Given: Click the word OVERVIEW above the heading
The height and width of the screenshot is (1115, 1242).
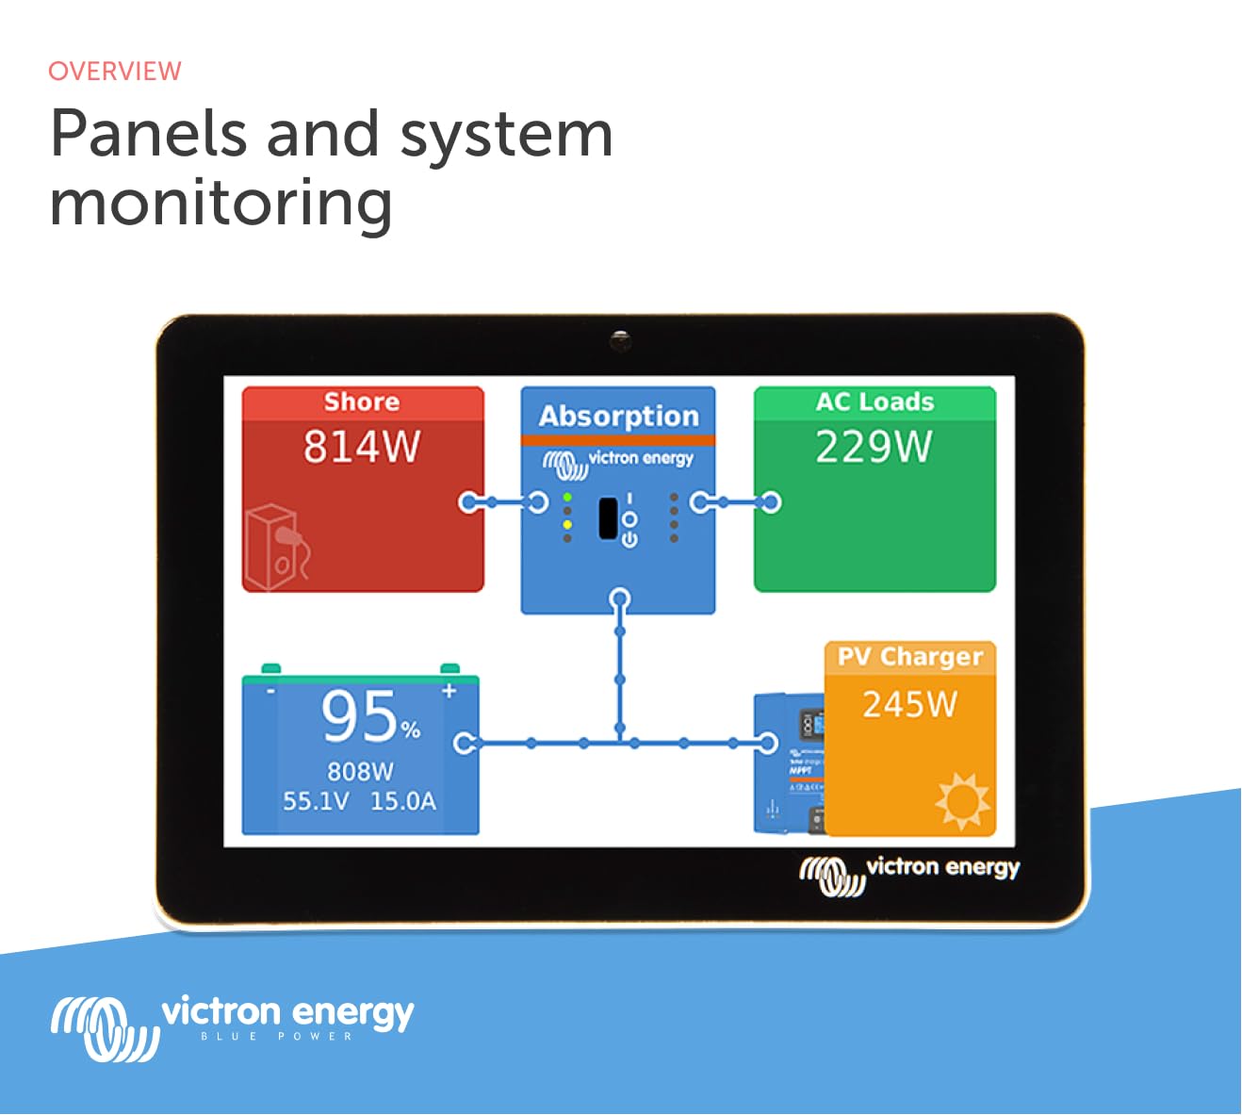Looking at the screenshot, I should (114, 72).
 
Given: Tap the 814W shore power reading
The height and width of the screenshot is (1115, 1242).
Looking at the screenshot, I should (362, 447).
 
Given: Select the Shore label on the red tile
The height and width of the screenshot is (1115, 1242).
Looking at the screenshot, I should (362, 402).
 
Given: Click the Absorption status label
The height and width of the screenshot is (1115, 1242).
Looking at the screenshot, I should (619, 416).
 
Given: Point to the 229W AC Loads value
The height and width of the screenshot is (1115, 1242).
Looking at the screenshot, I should (874, 447).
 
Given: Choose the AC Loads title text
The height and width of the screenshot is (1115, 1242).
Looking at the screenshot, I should (874, 402).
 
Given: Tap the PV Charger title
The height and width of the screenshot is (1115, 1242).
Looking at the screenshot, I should (910, 657).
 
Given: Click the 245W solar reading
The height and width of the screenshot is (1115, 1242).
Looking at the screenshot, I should (910, 704).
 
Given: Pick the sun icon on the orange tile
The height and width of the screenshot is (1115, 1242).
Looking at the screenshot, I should (962, 800).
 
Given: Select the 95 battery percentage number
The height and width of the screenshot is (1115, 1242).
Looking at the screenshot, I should (360, 716).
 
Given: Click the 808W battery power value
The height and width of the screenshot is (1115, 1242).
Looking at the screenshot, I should (360, 772).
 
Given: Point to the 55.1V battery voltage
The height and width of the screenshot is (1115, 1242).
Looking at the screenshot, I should (316, 802).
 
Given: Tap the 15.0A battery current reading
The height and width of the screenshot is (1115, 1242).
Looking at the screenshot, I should (403, 802).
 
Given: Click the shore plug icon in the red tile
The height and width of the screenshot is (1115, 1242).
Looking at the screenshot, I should (275, 548).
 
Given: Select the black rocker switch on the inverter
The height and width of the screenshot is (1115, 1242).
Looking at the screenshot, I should (609, 518).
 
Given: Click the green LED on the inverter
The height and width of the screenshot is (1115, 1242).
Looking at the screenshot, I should (567, 497).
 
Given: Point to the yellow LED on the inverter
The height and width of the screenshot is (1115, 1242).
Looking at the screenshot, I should (567, 524).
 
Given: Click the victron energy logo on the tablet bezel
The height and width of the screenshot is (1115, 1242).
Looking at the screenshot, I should (910, 873).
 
